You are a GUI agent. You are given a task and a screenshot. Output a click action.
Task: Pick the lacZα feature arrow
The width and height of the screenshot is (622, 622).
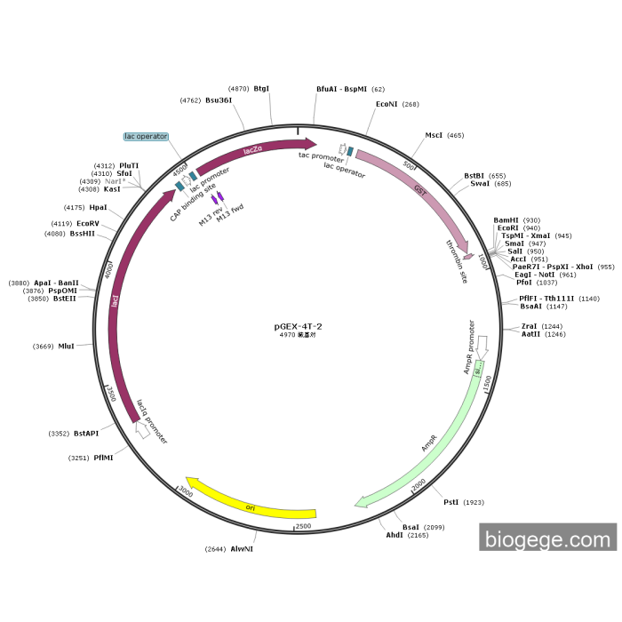pyautogui.click(x=254, y=152)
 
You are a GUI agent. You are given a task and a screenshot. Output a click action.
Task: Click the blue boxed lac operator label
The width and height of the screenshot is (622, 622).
pyautogui.click(x=146, y=137)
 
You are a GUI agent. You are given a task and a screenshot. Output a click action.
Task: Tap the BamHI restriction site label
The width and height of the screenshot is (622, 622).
pyautogui.click(x=506, y=219)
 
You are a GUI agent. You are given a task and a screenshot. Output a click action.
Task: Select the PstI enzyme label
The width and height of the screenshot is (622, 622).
pyautogui.click(x=451, y=502)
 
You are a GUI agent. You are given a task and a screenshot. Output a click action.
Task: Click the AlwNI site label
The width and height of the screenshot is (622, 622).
pyautogui.click(x=242, y=549)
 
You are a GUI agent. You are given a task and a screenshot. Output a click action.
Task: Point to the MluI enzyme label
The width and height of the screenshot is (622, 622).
pyautogui.click(x=66, y=346)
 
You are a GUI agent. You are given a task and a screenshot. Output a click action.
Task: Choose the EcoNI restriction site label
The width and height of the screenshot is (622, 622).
pyautogui.click(x=387, y=104)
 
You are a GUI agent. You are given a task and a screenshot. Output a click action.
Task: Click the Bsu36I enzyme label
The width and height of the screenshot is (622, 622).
pyautogui.click(x=219, y=100)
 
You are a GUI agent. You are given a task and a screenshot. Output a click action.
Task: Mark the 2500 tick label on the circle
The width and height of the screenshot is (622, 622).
pyautogui.click(x=303, y=526)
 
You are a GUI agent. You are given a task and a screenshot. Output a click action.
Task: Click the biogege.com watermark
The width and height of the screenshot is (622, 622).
pyautogui.click(x=547, y=539)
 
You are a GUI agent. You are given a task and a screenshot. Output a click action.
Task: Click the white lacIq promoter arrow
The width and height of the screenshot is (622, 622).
pyautogui.click(x=140, y=430)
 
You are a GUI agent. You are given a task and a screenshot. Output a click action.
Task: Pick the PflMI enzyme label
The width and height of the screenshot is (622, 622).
pyautogui.click(x=104, y=458)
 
